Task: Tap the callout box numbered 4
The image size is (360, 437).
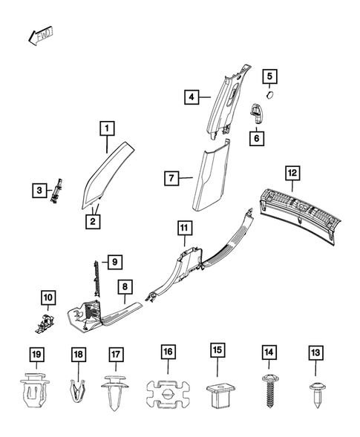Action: pyautogui.click(x=191, y=97)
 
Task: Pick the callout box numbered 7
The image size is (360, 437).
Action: pyautogui.click(x=171, y=178)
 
